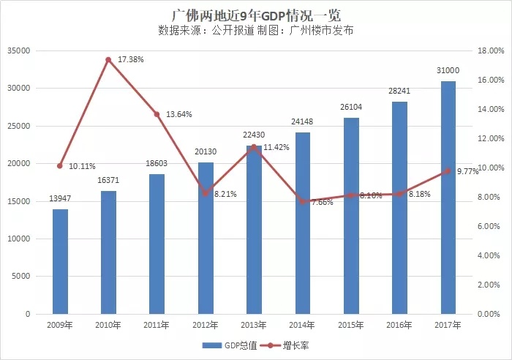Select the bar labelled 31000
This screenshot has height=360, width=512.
coord(449,198)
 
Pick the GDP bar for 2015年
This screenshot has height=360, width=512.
coord(352,216)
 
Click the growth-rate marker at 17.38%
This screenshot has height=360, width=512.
coord(108,59)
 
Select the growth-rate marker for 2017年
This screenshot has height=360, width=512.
coord(449,170)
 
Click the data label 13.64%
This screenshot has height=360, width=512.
coord(179,114)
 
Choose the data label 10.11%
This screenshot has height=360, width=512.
coord(82,166)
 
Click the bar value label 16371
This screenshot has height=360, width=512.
coord(108,181)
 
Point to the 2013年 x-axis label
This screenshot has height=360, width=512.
coord(255,324)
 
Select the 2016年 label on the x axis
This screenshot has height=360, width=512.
coord(400,324)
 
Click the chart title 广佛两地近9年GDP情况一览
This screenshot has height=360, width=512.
coord(255,14)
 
